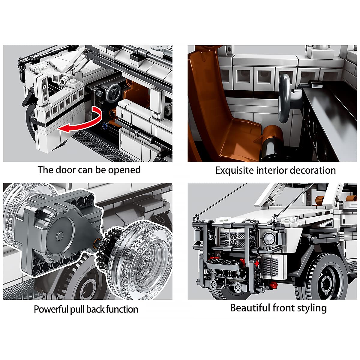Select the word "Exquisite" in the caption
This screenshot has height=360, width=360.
pos(234,171)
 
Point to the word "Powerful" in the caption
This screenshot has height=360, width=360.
pos(51,309)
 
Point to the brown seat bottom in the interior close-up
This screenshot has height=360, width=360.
pos(241,138)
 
